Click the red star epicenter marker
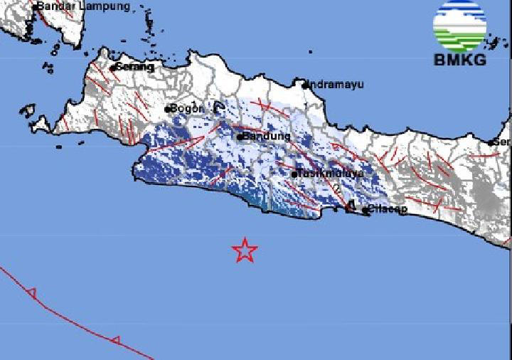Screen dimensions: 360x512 coord(245,250)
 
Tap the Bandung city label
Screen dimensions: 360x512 coord(267,136)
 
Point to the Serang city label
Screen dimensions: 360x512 coord(135,67)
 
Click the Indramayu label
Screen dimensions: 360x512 coord(336,84)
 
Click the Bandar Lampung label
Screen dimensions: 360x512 coord(84,6)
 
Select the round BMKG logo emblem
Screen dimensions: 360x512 coord(459,26)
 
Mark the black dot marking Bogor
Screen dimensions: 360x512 coord(167,110)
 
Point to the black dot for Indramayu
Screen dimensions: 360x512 coord(305,85)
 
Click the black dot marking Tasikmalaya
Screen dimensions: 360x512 coord(294,173)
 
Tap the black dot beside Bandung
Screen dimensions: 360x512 coord(240,137)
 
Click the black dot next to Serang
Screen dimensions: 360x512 coord(113,68)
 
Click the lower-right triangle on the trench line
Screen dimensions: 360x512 coord(116,340)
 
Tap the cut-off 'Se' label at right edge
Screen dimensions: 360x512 coord(503,142)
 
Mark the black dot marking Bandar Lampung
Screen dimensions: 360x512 coord(34,6)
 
